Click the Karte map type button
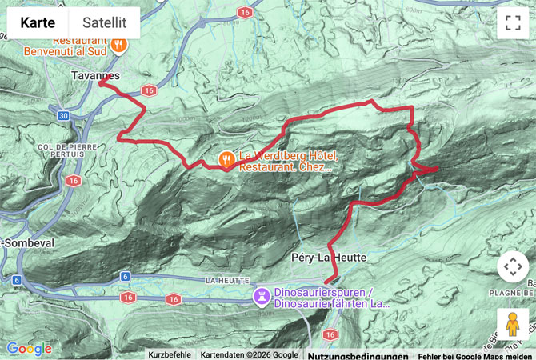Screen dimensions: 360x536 (38, 23)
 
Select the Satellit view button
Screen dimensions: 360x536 (104, 23)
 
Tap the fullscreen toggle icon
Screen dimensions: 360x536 (513, 23)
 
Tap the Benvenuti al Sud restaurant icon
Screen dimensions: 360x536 (118, 45)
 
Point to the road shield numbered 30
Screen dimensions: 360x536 (64, 116)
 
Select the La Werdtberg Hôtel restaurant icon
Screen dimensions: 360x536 (227, 158)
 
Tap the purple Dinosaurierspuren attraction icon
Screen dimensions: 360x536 (261, 298)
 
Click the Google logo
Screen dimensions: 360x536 (29, 349)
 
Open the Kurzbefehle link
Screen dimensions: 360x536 (169, 354)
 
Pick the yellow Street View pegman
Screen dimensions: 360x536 (513, 326)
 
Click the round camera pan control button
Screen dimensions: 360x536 (513, 267)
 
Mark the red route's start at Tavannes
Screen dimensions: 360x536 (101, 82)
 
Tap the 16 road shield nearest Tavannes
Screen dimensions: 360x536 (146, 90)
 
